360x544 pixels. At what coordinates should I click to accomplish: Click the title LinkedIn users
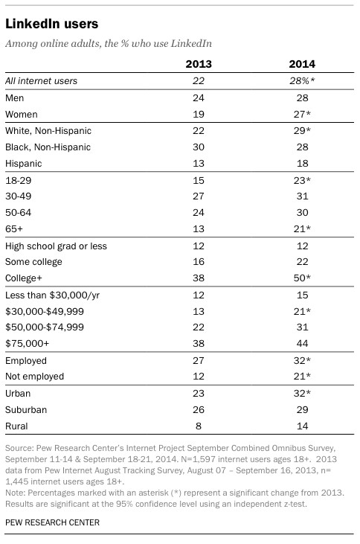click(x=51, y=24)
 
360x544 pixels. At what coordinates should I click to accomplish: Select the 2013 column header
click(x=199, y=64)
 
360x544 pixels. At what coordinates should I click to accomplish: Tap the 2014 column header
click(x=302, y=64)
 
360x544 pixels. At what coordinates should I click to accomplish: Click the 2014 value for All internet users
click(x=302, y=81)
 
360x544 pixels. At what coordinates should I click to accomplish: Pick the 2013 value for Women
click(x=199, y=114)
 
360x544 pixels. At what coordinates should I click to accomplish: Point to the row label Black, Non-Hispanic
click(x=48, y=147)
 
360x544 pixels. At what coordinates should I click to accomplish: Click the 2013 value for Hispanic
click(x=199, y=164)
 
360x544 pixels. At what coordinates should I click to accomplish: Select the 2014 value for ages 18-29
click(x=302, y=180)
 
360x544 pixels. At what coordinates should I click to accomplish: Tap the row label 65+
click(x=14, y=229)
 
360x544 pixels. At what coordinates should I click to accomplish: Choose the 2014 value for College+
click(x=302, y=278)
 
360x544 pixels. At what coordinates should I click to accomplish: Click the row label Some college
click(x=33, y=262)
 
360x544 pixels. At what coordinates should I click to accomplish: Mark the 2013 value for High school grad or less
click(x=199, y=246)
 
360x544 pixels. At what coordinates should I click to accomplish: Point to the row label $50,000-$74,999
click(x=45, y=327)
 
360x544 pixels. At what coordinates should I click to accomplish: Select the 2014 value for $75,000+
click(x=302, y=344)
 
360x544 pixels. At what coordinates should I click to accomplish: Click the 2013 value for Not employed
click(x=199, y=377)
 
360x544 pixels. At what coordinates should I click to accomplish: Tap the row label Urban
click(x=18, y=394)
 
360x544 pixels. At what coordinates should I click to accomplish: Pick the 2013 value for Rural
click(x=199, y=426)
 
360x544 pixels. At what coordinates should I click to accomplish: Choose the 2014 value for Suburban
click(x=302, y=410)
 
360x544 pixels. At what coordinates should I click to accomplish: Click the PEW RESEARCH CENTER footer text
click(x=52, y=522)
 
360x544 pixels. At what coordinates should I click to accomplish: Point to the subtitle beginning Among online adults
click(x=109, y=43)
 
